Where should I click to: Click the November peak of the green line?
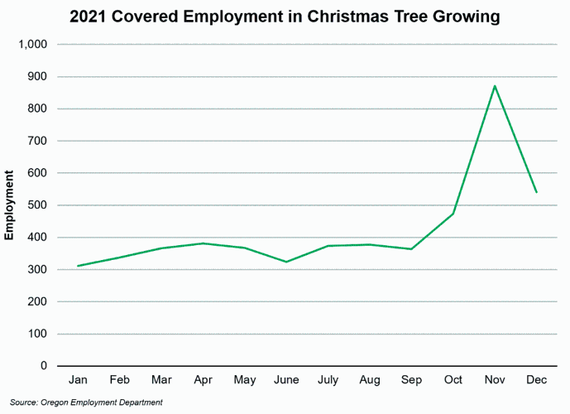click(x=495, y=86)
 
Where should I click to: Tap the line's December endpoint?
click(x=536, y=192)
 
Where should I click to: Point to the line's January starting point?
click(x=79, y=266)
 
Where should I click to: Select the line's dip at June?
click(x=286, y=262)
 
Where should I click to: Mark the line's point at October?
click(x=453, y=214)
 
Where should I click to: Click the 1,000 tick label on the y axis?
click(x=32, y=45)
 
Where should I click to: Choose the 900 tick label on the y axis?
click(x=37, y=77)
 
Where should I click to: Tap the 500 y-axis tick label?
click(x=37, y=205)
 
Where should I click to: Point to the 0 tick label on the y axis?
click(x=44, y=366)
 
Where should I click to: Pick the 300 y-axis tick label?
click(x=37, y=270)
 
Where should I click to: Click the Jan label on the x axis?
click(x=79, y=381)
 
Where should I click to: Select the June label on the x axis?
click(x=286, y=381)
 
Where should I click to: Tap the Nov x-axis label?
click(x=495, y=381)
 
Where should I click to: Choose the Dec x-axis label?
click(x=536, y=381)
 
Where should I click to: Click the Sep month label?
click(x=411, y=381)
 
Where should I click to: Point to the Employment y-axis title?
click(x=10, y=205)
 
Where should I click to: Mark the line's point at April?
click(x=204, y=243)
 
